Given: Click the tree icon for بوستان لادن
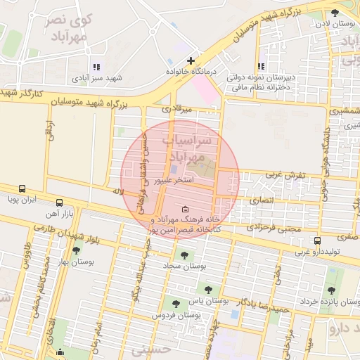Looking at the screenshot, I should (334, 13).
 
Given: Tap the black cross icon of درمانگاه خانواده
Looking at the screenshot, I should (191, 60).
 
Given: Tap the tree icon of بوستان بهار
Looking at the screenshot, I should (76, 250).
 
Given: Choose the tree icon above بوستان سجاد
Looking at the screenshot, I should (185, 255).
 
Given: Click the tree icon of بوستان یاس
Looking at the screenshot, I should (207, 288).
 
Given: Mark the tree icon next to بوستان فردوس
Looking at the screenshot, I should (175, 304).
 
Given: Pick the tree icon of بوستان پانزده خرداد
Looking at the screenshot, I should (331, 290).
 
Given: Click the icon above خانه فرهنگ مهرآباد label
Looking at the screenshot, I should (185, 210).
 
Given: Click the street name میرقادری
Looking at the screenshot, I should (176, 110).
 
